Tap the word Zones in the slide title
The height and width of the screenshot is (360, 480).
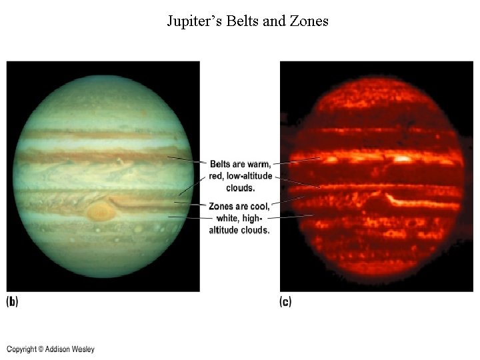click(x=309, y=21)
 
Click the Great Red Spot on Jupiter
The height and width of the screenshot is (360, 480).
click(x=100, y=212)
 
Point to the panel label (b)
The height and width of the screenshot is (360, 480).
click(x=12, y=302)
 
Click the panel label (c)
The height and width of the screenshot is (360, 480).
click(x=285, y=302)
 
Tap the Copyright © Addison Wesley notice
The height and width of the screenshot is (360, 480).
click(x=51, y=349)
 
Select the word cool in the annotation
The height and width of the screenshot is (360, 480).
click(x=257, y=207)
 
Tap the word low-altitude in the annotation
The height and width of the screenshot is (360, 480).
click(x=251, y=177)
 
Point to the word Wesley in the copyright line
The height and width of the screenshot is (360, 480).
click(x=83, y=349)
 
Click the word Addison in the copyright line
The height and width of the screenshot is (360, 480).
click(x=57, y=349)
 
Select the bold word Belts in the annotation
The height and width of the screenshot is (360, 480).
click(x=221, y=165)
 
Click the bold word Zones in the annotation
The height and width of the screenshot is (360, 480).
click(x=221, y=207)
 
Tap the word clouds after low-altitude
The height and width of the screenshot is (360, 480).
click(x=240, y=188)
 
